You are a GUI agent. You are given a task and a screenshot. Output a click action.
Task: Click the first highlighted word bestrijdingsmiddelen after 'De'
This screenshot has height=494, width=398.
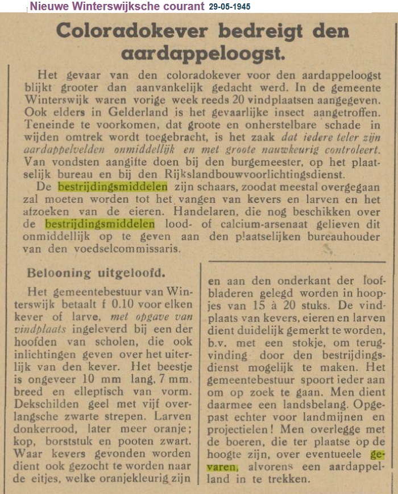tap(113, 186)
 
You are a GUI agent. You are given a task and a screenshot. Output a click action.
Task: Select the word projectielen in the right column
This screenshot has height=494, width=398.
tap(241, 430)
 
